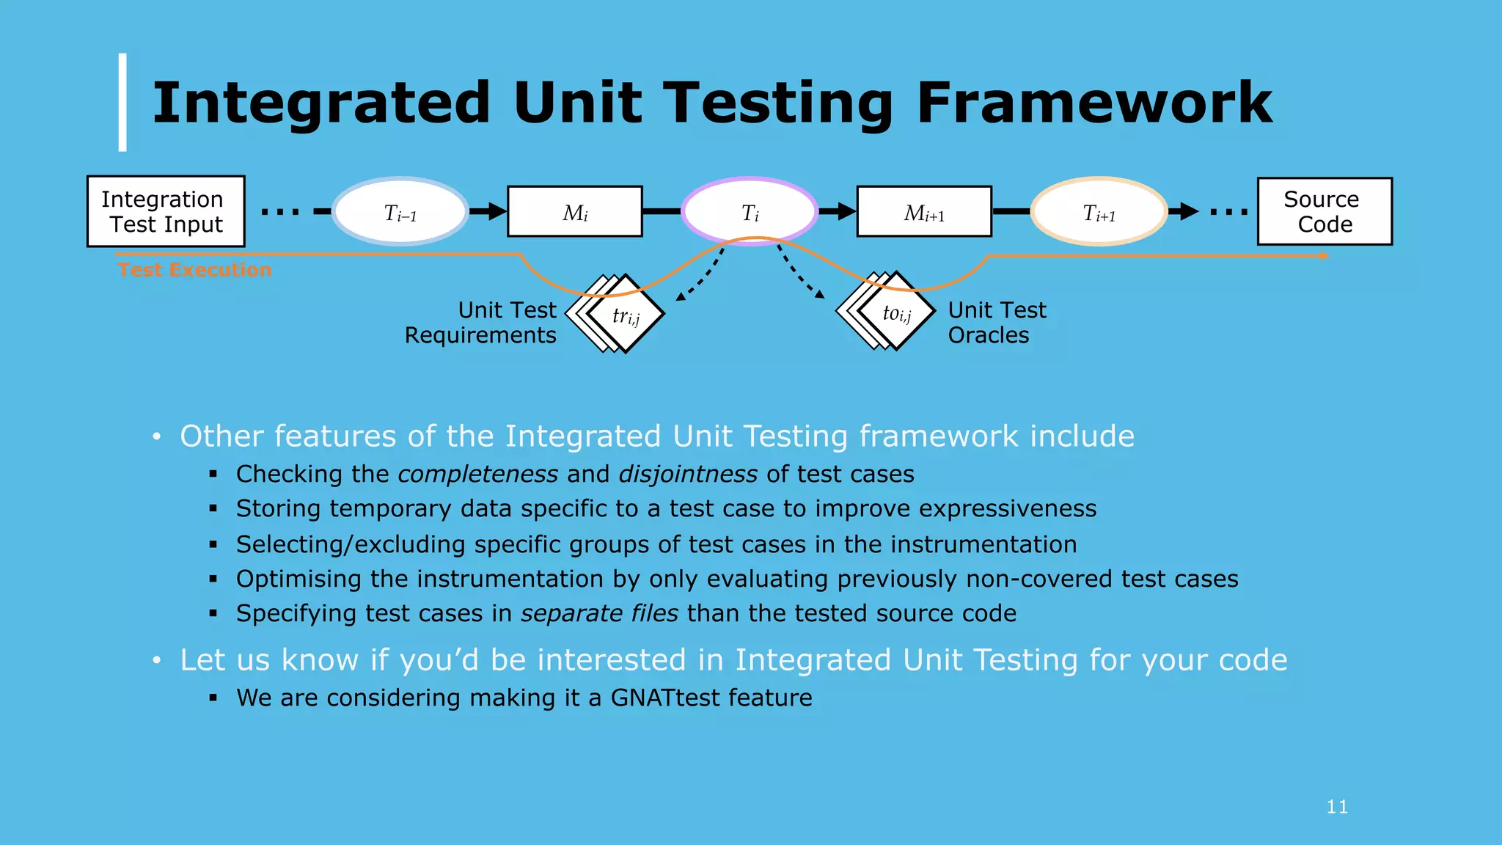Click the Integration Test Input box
166,211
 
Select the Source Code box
1325,211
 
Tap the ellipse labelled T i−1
400,212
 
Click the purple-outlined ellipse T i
750,212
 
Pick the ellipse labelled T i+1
1099,212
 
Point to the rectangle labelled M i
575,212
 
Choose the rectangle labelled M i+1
924,212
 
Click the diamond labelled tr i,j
626,315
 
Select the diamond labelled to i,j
896,312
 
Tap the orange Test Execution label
194,270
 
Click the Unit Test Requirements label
481,323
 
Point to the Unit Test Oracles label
997,323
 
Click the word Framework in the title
1093,103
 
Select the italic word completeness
478,474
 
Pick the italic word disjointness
688,474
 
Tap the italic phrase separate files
599,613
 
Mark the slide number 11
1337,807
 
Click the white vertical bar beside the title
122,102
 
